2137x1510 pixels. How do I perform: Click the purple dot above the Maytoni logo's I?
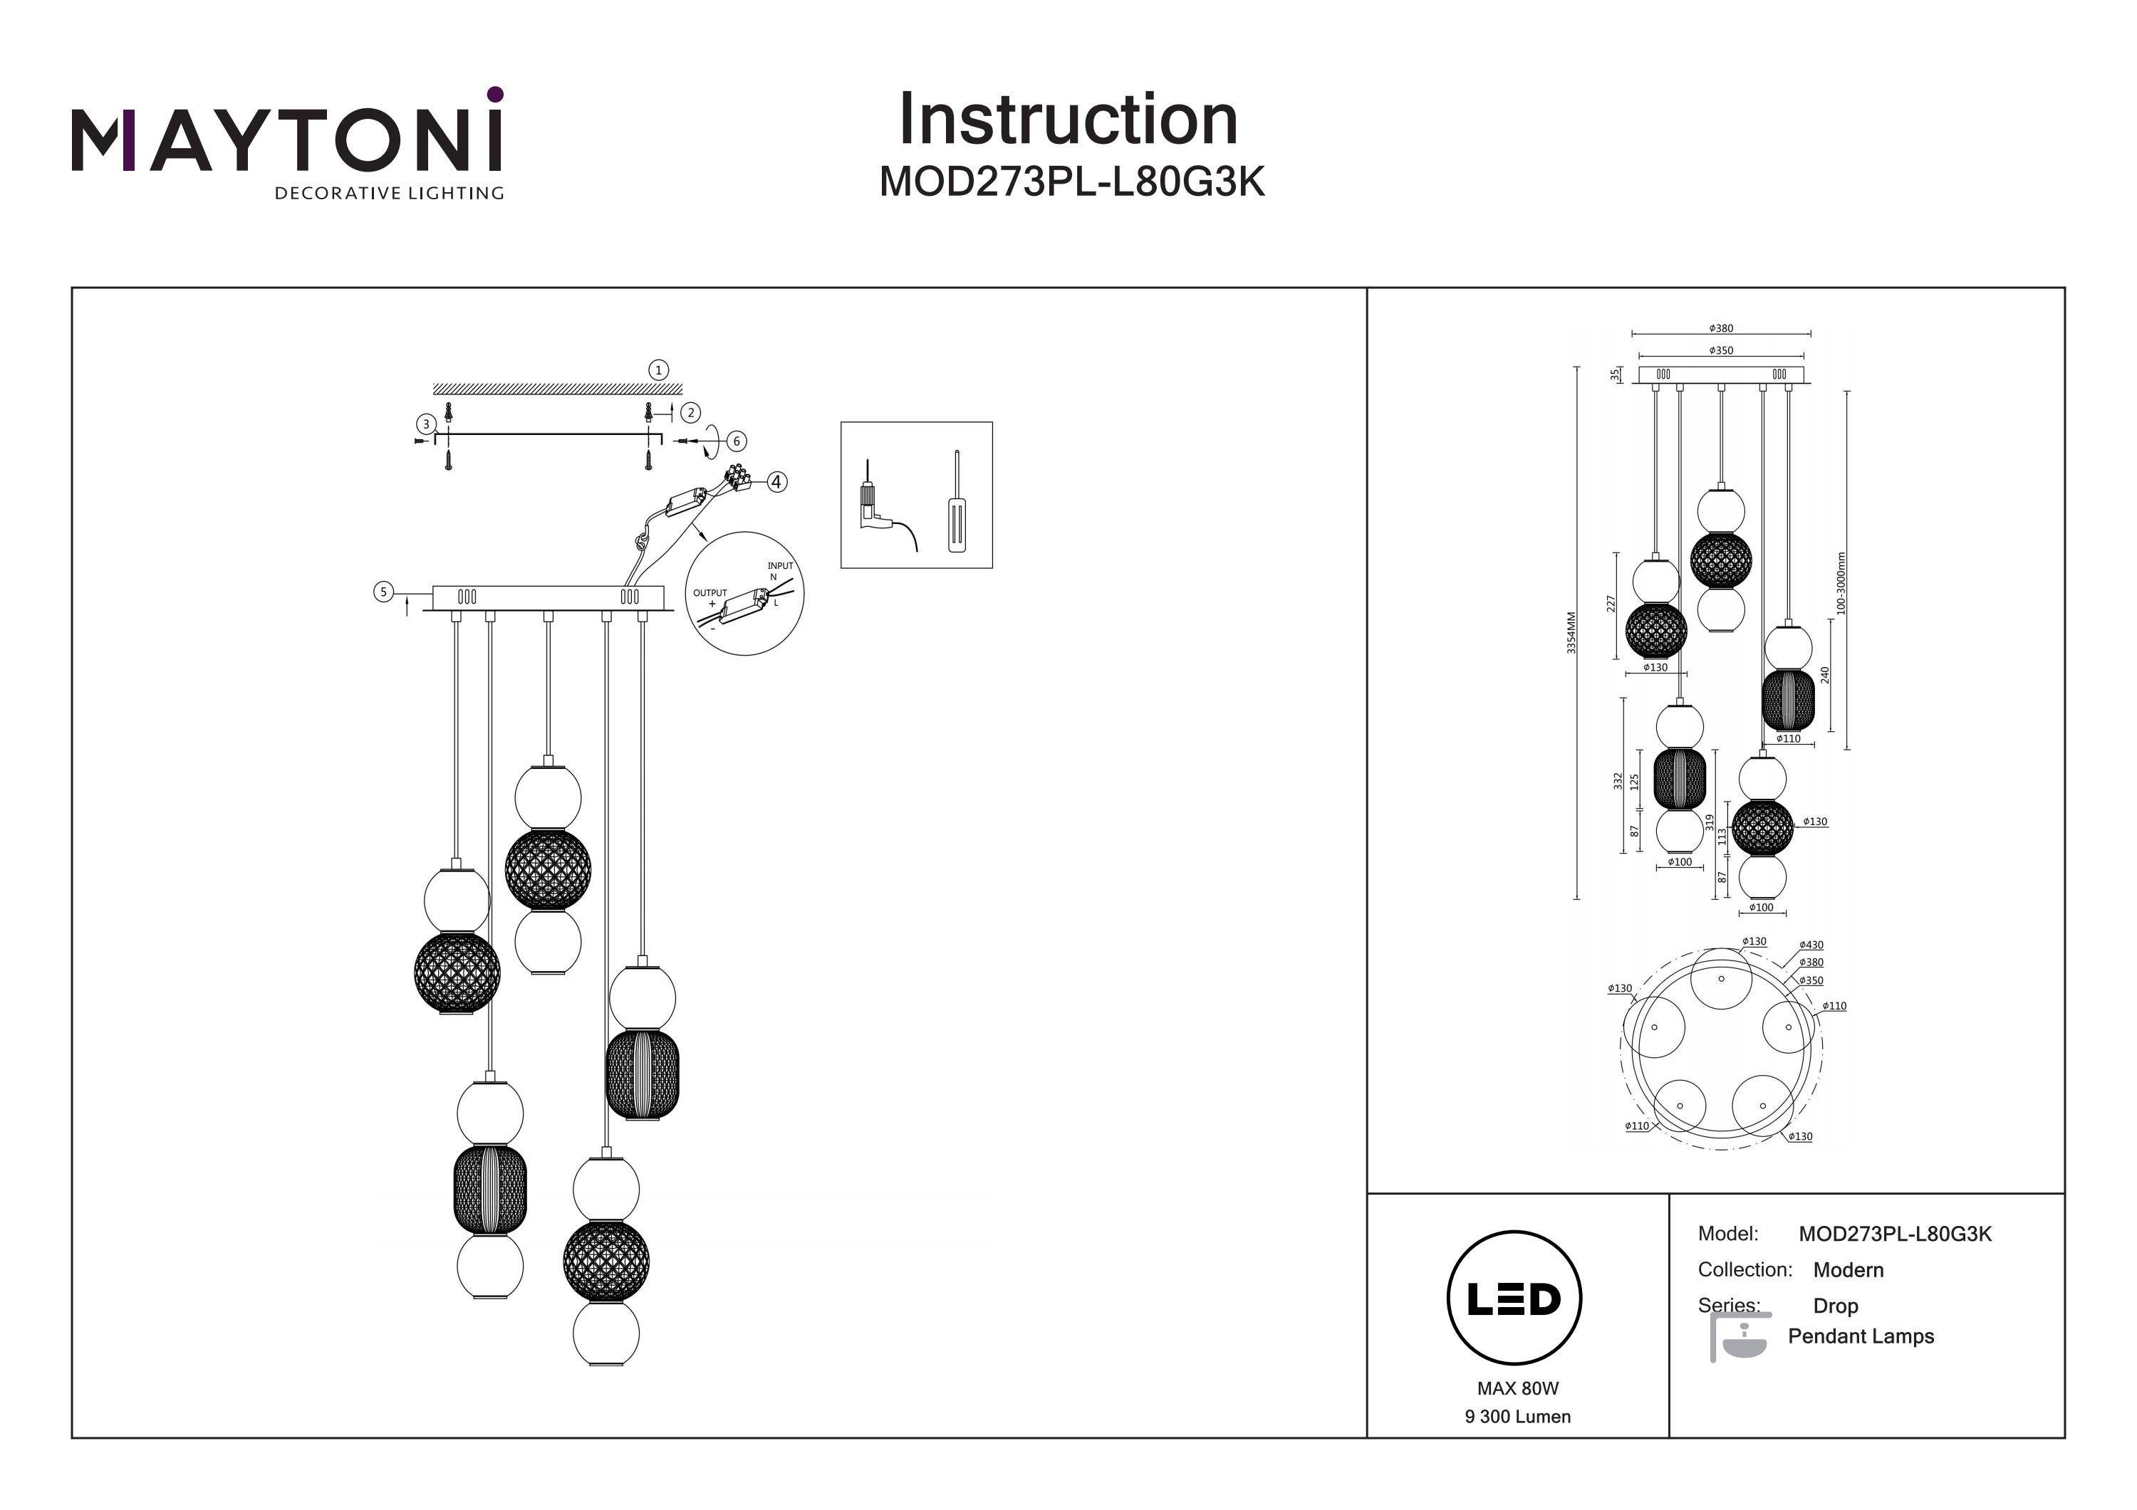[x=495, y=94]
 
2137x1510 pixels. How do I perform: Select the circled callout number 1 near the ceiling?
[x=659, y=370]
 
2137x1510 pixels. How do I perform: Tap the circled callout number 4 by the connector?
[x=776, y=482]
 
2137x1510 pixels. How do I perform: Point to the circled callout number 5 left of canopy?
[x=383, y=592]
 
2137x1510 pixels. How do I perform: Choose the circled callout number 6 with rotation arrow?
[x=737, y=441]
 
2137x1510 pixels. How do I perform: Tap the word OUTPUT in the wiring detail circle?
[x=710, y=592]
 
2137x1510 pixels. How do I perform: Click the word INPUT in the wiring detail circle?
[x=780, y=566]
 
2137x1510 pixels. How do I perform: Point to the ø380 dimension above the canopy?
[x=1721, y=328]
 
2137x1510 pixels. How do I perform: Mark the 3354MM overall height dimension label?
[x=1571, y=633]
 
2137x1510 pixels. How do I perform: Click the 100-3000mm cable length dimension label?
[x=1841, y=583]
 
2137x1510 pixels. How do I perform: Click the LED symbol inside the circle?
[x=1514, y=1299]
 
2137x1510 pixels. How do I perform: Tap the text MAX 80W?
[x=1517, y=1388]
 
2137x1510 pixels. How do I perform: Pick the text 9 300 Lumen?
[x=1517, y=1417]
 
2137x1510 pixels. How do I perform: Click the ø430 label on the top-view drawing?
[x=1811, y=945]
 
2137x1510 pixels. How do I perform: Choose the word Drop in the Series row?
[x=1836, y=1305]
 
